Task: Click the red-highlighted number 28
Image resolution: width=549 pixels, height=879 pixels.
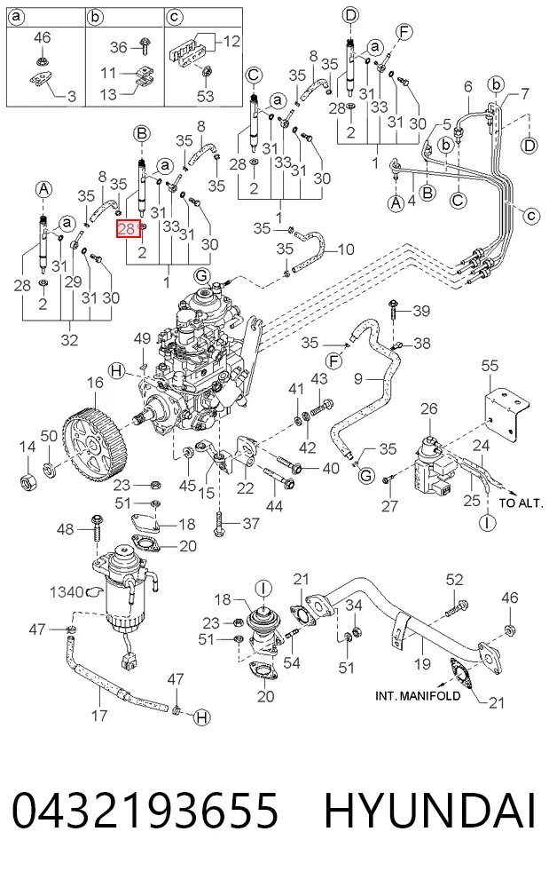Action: point(127,228)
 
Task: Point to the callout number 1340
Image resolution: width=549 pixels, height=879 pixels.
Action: point(67,592)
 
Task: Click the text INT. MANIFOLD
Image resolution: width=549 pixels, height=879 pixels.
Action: point(418,696)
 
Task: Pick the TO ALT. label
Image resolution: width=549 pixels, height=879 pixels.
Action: point(521,503)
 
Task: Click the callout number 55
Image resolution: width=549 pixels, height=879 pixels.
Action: point(490,366)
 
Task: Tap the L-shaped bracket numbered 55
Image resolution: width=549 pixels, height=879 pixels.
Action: point(506,414)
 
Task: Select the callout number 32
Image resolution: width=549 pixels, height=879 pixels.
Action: point(69,340)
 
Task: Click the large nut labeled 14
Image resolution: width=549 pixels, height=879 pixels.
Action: point(28,480)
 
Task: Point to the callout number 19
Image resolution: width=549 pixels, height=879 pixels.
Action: point(422,663)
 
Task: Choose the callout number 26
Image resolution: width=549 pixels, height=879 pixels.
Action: point(428,408)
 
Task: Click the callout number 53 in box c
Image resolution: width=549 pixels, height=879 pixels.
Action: point(206,96)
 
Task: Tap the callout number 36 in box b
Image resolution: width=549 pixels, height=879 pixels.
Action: point(118,47)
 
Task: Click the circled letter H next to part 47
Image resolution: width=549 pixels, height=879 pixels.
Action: point(202,717)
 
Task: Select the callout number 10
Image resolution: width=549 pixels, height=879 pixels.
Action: point(346,249)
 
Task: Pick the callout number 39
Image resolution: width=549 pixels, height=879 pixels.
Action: point(421,311)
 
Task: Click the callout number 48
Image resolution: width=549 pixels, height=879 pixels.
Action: point(66,528)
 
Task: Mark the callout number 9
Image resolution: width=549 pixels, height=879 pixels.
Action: point(358,379)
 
